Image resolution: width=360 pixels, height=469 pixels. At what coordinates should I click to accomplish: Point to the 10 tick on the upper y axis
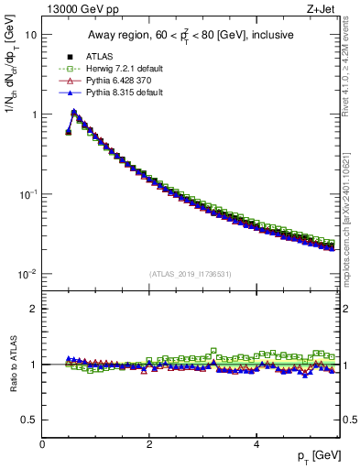(31, 35)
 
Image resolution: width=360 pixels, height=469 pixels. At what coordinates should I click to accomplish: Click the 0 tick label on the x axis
(42, 443)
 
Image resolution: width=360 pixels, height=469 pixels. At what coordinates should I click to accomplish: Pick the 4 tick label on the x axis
(256, 443)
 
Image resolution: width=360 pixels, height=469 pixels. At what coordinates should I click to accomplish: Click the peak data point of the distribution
(74, 113)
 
